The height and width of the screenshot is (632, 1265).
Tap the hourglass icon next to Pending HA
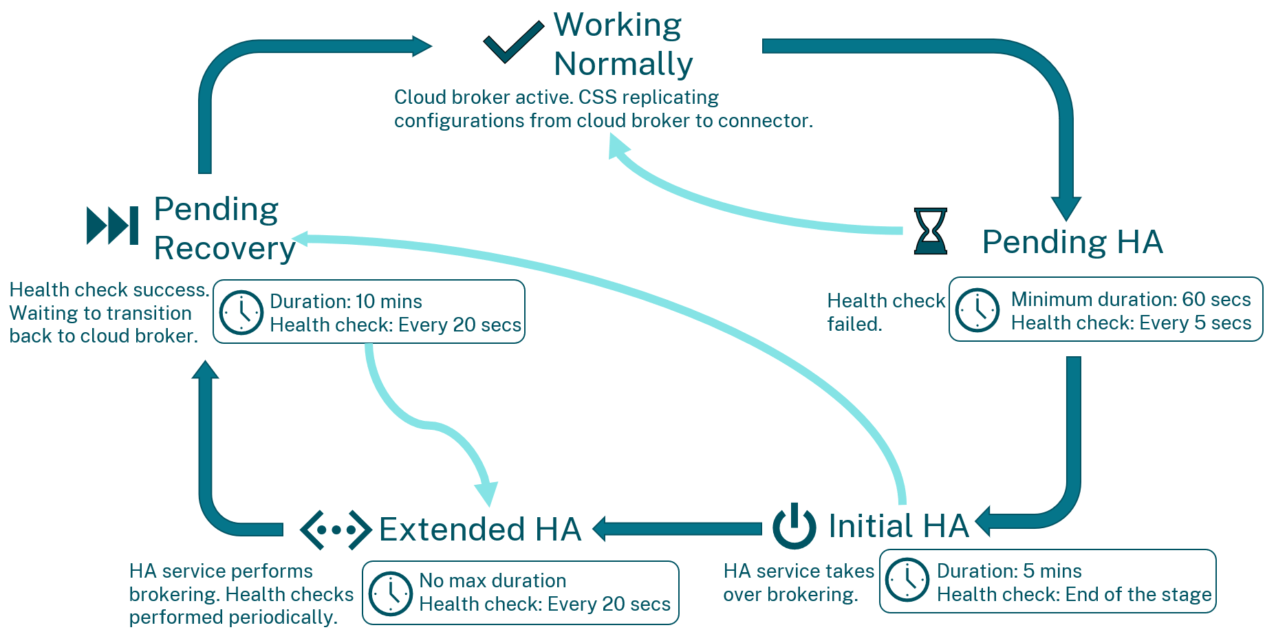[930, 231]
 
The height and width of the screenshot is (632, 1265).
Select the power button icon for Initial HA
[794, 526]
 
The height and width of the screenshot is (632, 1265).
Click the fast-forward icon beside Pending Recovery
[112, 225]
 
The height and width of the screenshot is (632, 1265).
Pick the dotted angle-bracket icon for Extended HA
[336, 530]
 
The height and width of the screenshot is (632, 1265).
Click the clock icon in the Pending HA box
[977, 310]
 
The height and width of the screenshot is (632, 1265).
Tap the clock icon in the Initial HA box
[907, 580]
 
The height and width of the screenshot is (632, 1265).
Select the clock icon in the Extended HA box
[390, 593]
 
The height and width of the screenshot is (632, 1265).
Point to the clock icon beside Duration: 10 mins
[241, 312]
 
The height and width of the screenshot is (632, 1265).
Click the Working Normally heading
[622, 44]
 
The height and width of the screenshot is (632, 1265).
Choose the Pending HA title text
[1072, 242]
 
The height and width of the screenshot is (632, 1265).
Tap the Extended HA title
[480, 530]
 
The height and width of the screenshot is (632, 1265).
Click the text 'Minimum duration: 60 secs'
[1130, 299]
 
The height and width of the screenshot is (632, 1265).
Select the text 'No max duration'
[493, 580]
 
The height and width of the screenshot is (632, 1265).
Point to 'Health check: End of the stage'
[1074, 594]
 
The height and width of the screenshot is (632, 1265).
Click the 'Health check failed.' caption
[885, 312]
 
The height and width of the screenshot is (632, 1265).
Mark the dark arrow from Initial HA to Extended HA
[678, 529]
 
